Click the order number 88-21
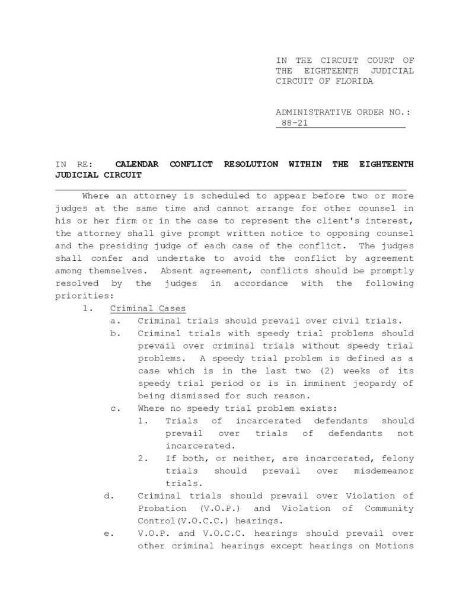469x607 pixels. (x=295, y=124)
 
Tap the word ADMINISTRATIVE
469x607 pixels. (x=314, y=111)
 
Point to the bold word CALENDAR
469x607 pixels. (x=136, y=164)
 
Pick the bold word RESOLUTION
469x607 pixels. (x=250, y=164)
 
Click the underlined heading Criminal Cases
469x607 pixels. (x=148, y=308)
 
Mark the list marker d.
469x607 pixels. (x=109, y=496)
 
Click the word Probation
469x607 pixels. (x=161, y=509)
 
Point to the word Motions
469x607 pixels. (x=394, y=546)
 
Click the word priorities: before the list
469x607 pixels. (x=83, y=295)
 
